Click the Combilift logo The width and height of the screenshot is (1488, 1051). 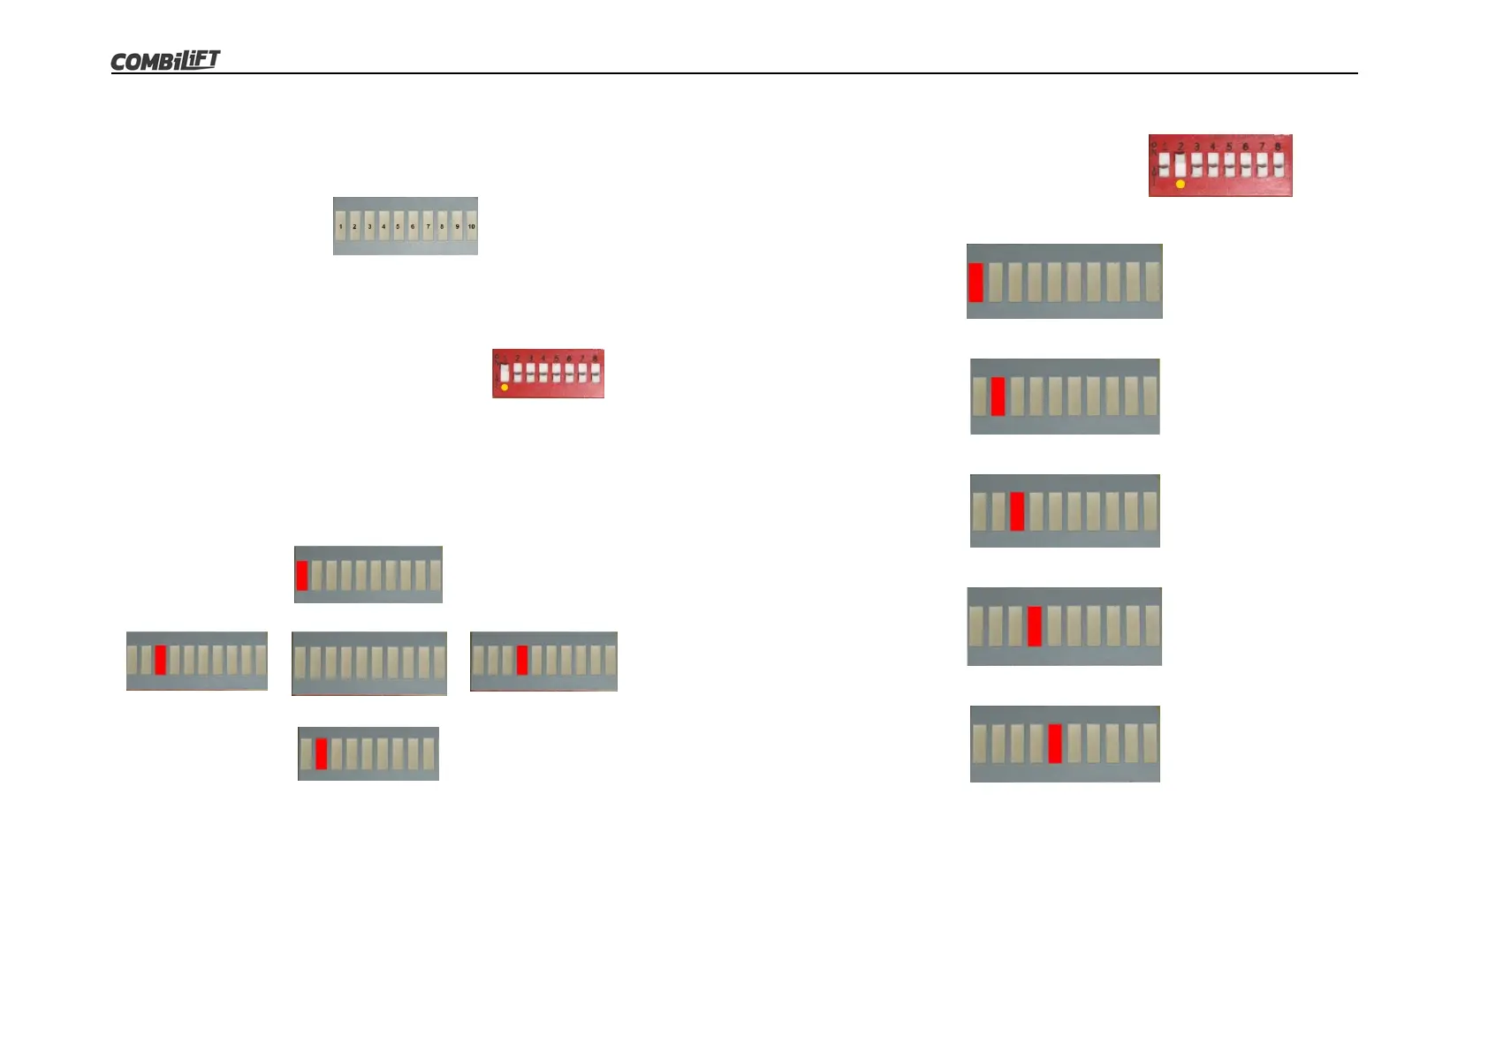(x=165, y=60)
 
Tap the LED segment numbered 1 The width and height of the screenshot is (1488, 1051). (x=340, y=226)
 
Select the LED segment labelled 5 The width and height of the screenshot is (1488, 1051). (x=398, y=226)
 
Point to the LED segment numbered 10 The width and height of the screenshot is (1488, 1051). (x=471, y=226)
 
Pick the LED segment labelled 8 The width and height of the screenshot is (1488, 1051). (x=442, y=226)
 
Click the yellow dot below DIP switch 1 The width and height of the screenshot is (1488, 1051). (x=505, y=387)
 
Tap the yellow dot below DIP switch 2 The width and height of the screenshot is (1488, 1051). (x=1181, y=184)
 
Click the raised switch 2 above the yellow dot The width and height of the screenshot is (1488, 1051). (x=1181, y=163)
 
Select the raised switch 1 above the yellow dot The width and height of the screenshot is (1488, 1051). (x=505, y=372)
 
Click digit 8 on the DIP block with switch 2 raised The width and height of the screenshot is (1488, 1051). (x=1278, y=147)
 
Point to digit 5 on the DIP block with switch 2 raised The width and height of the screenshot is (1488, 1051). (x=1229, y=147)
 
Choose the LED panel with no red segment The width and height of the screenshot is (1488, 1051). (x=369, y=663)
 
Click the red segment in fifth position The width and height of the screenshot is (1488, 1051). (x=1054, y=744)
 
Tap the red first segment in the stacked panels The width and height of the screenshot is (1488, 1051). (x=976, y=282)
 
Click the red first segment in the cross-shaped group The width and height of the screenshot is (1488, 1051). (x=302, y=575)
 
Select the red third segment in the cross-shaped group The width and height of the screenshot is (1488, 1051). (x=160, y=660)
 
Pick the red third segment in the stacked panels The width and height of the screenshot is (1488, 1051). (x=1017, y=511)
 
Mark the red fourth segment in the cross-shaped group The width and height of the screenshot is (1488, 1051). (x=522, y=660)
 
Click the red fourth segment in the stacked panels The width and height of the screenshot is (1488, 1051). (x=1035, y=626)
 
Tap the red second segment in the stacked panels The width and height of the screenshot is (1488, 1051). (x=998, y=397)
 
